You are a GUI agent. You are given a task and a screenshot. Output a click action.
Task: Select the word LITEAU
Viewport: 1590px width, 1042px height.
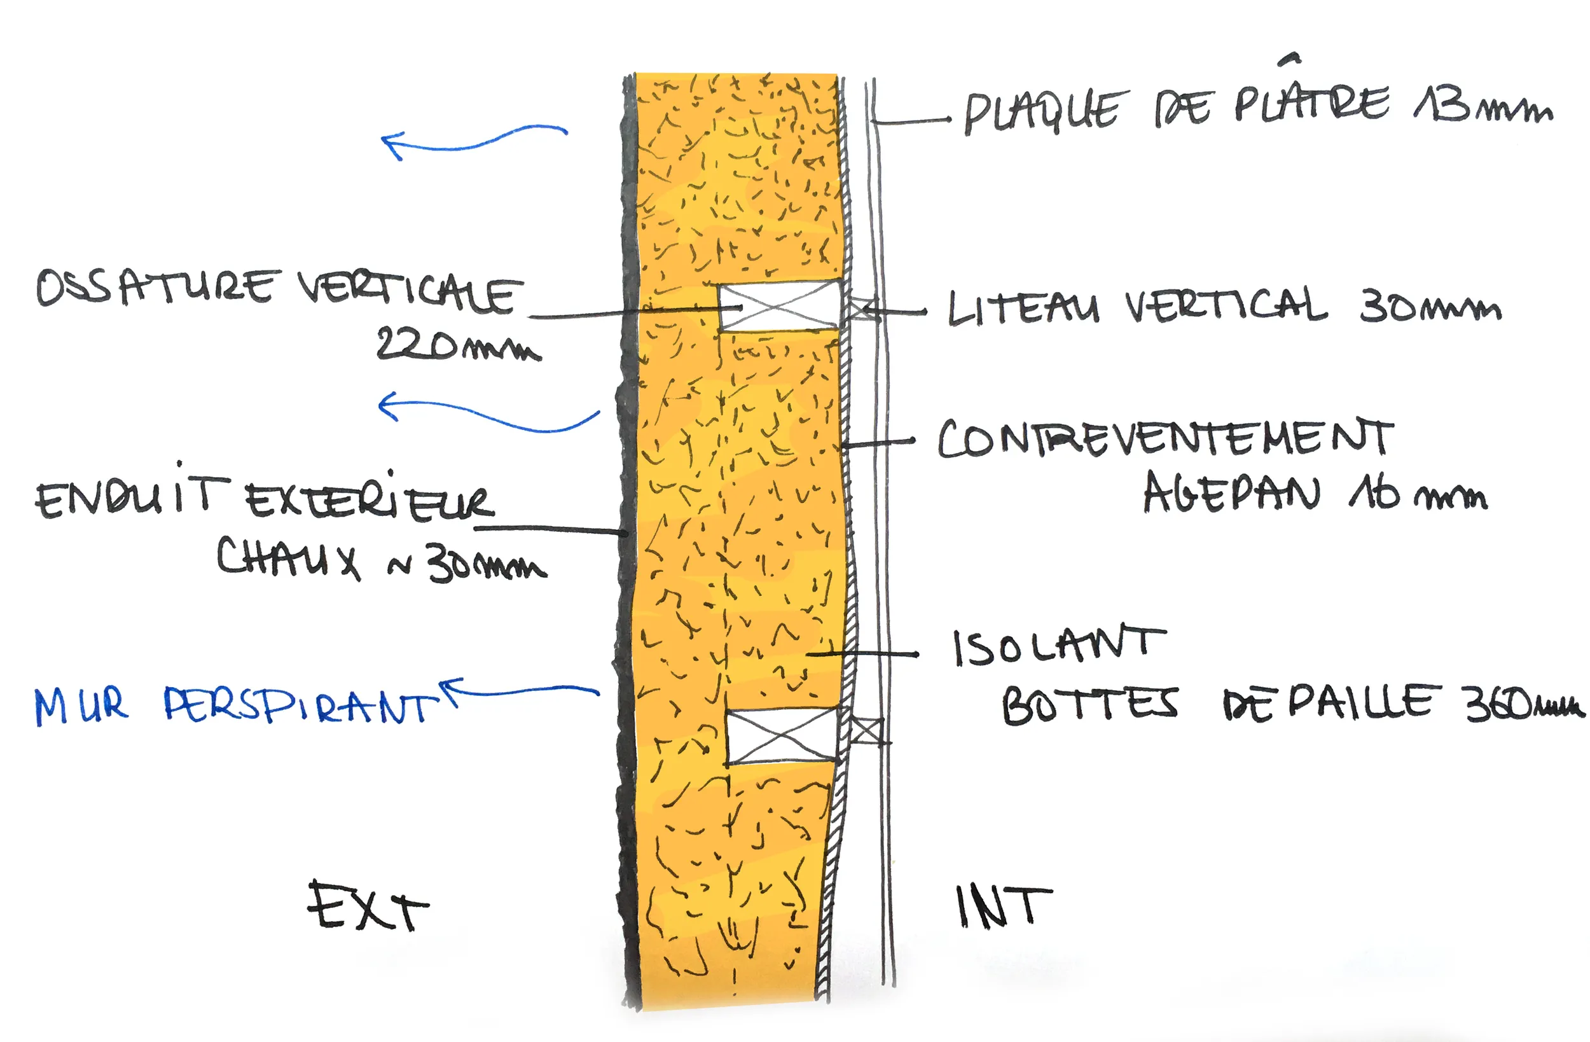click(x=1022, y=309)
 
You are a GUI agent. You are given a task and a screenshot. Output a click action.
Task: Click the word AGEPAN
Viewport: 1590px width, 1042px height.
click(x=1231, y=493)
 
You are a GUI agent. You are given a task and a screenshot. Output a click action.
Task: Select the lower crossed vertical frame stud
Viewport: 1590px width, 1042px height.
click(x=781, y=737)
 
